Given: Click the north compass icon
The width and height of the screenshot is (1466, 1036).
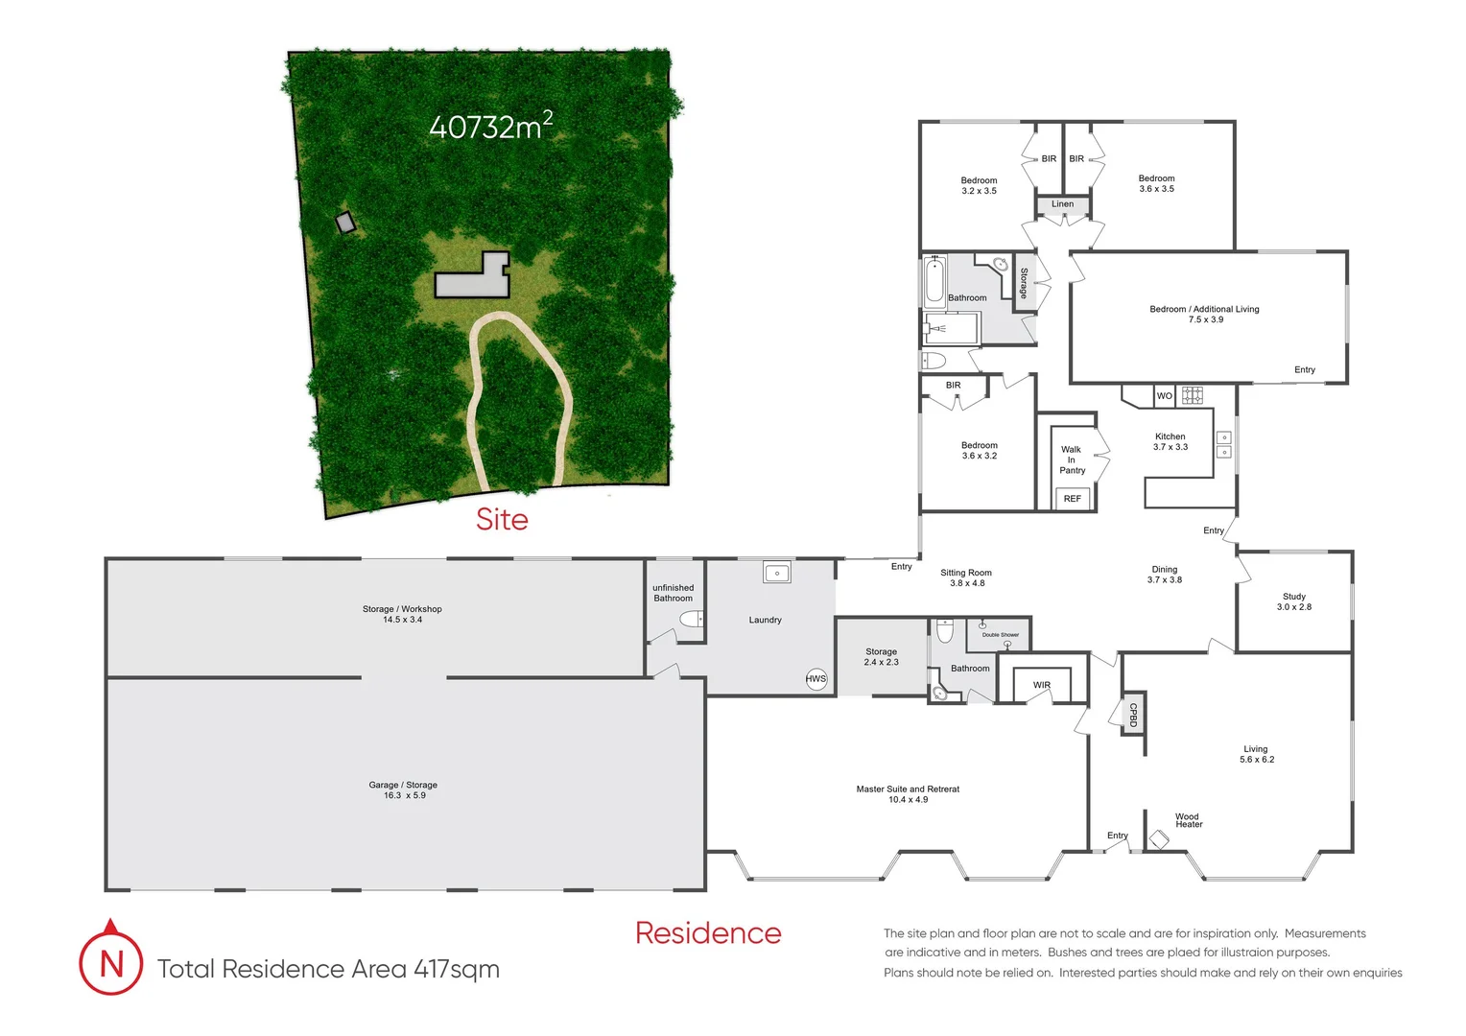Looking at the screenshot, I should (111, 961).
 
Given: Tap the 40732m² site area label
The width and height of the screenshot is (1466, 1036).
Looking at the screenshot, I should (490, 126).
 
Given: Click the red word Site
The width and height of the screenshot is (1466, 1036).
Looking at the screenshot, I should (502, 519).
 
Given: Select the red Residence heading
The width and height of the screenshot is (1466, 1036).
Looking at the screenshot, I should (708, 932).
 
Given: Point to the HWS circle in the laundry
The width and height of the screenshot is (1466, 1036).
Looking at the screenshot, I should (816, 678).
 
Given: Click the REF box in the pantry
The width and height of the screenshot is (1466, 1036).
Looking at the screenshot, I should (1072, 499).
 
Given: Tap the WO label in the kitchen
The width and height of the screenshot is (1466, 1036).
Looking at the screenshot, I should (1164, 395).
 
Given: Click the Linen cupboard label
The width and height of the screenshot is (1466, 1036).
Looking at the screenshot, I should (1062, 204).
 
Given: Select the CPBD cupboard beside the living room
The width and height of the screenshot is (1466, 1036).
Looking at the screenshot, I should (1133, 714).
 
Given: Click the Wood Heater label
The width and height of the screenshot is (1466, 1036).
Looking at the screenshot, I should (1188, 820).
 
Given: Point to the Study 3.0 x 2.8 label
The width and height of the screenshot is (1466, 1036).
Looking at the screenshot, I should (1293, 601).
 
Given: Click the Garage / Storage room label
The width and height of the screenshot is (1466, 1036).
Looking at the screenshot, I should (403, 789).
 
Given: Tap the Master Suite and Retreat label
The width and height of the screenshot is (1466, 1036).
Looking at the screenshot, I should (908, 793).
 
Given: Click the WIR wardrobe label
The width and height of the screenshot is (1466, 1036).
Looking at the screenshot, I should (1041, 685).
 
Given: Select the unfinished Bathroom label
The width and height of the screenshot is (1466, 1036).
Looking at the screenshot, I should (673, 593).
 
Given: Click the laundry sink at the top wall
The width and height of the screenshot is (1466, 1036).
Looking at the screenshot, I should (776, 573).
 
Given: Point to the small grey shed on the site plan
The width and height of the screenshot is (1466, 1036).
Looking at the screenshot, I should (345, 223).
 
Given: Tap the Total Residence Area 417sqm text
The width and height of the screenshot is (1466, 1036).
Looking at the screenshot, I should (328, 969).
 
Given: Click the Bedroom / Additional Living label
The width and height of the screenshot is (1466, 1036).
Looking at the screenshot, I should (1204, 314).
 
